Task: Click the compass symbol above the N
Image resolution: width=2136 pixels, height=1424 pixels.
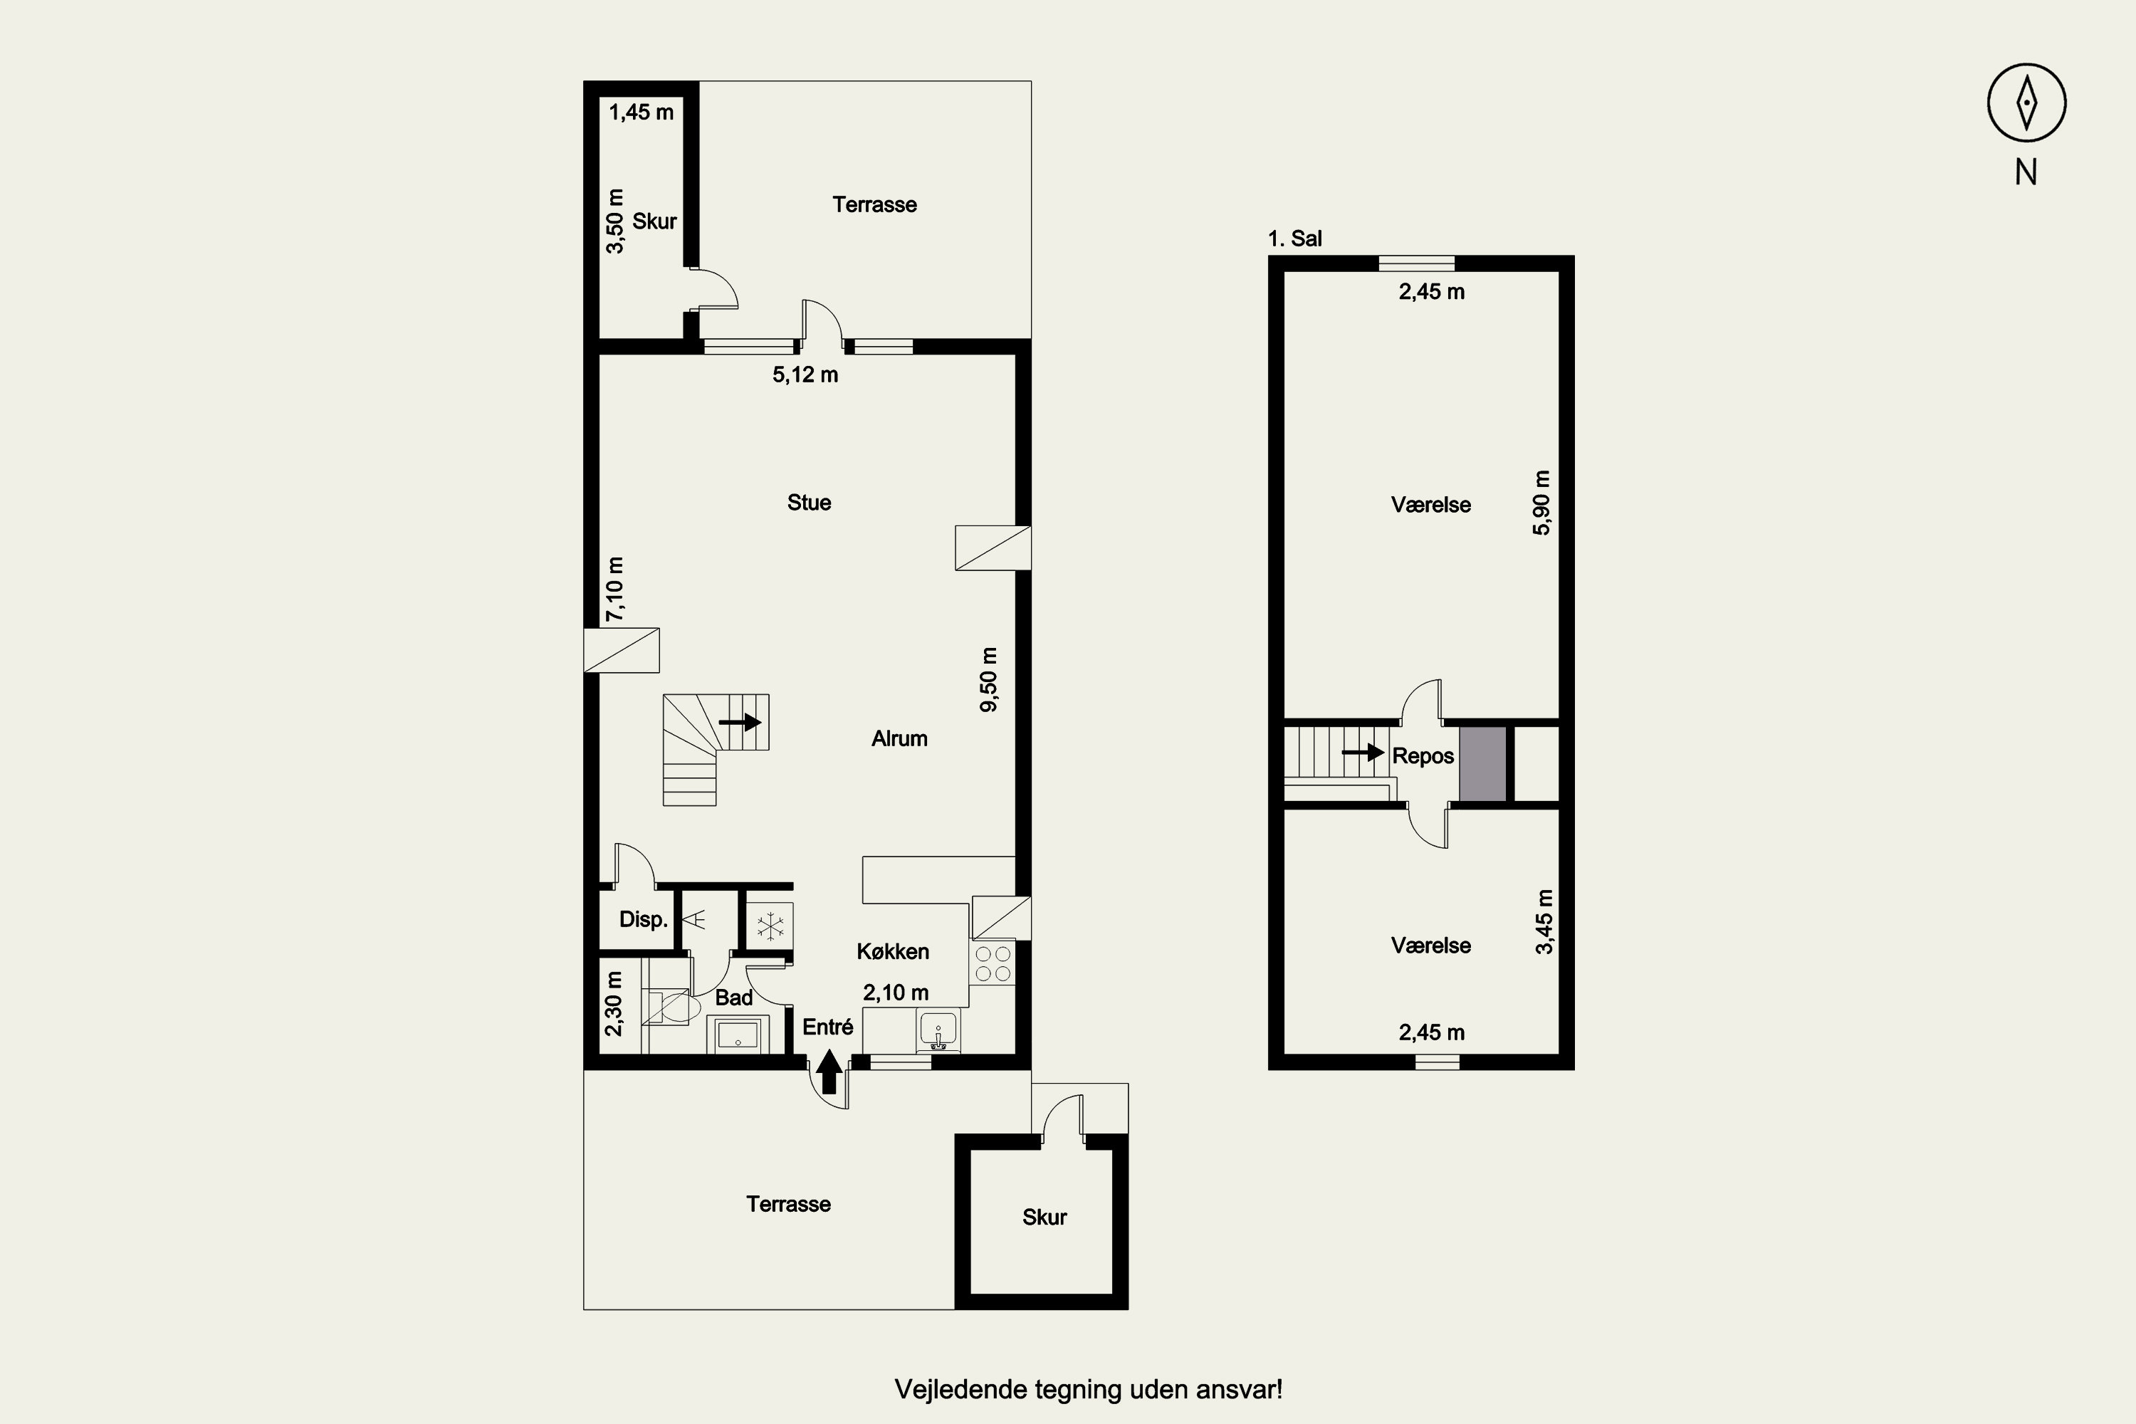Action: coord(2026,103)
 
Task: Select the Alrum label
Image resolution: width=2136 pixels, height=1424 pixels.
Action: coord(899,739)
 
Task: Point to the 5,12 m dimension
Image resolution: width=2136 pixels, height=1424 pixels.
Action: coord(805,375)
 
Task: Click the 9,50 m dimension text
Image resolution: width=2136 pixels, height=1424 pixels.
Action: coord(989,679)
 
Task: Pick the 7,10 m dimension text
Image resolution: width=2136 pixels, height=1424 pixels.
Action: coord(615,589)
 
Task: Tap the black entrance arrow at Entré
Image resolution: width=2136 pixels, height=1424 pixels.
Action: coord(828,1072)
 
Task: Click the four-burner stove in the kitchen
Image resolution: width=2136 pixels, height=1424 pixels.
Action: coord(992,963)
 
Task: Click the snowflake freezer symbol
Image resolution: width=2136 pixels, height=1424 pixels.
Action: coord(770,926)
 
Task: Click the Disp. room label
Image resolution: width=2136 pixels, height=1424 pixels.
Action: coord(643,920)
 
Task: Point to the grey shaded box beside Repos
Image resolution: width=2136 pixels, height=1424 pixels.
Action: coord(1483,764)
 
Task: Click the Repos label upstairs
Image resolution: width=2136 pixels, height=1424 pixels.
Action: coord(1423,756)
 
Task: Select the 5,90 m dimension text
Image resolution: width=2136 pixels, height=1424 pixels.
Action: coord(1542,503)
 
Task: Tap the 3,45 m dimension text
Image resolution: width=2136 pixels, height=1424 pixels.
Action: coord(1544,922)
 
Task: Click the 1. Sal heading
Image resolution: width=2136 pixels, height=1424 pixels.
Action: coord(1295,239)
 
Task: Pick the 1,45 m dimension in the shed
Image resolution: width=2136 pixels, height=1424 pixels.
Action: coord(642,112)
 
